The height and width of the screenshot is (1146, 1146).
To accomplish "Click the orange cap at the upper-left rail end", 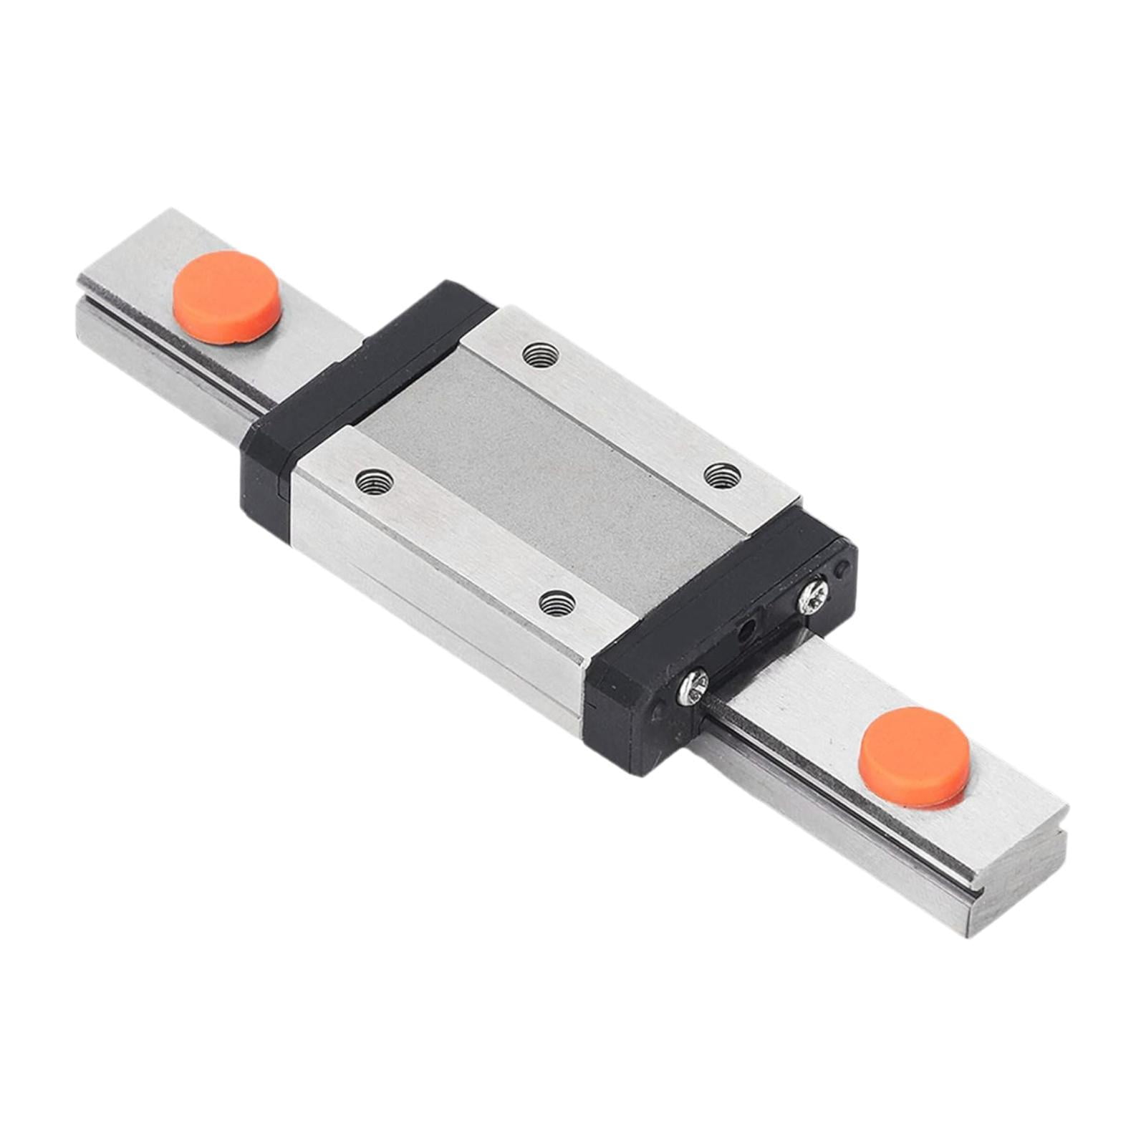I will tap(226, 297).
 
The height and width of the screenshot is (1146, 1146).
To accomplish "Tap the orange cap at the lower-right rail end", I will tap(915, 757).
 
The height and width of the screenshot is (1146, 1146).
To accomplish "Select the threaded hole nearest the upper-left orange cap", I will tap(541, 354).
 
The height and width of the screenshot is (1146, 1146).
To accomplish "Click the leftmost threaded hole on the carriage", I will tap(375, 482).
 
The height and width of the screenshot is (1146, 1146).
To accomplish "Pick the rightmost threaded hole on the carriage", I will tap(722, 475).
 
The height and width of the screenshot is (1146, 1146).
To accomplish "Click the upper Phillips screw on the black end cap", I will tap(814, 595).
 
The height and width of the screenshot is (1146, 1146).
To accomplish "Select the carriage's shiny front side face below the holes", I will tap(430, 609).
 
